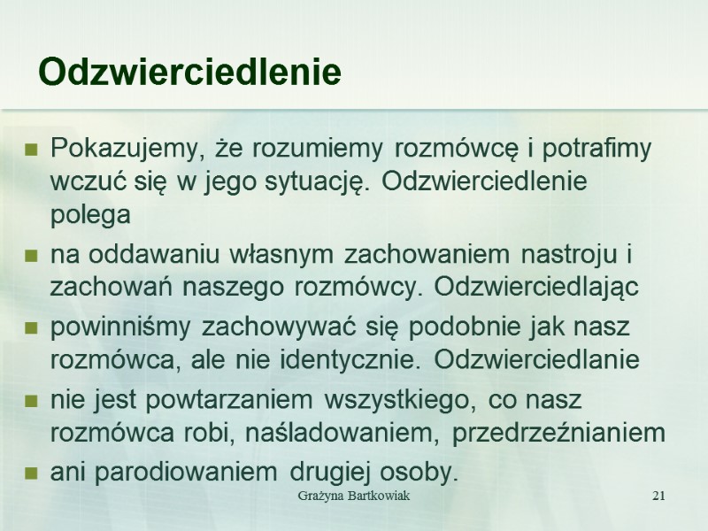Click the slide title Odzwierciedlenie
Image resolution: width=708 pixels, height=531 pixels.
(x=190, y=73)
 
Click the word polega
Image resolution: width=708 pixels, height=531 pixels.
(x=90, y=214)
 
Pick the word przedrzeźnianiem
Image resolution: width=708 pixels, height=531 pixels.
(x=558, y=433)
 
